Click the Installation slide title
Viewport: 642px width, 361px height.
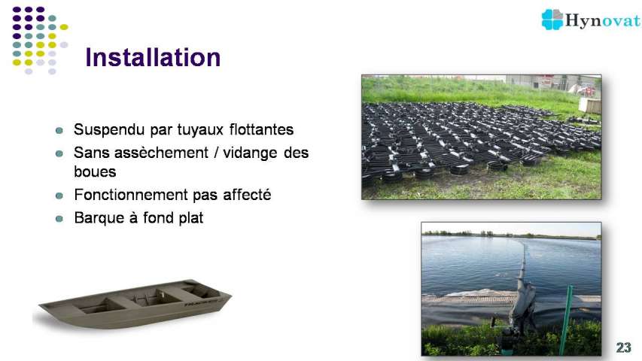(153, 57)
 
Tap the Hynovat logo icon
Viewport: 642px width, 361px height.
(552, 20)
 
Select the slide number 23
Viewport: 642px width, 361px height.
(624, 347)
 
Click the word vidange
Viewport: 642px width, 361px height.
(250, 153)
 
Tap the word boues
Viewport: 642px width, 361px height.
(95, 171)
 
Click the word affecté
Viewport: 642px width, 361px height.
(247, 195)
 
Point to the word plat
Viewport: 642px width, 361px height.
(190, 218)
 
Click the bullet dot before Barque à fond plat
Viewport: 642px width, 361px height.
(59, 219)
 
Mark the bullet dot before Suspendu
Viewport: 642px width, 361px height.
(59, 131)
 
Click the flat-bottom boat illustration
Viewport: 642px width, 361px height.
(135, 304)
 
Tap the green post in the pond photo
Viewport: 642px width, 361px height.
(566, 319)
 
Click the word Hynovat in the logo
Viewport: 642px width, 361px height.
(602, 20)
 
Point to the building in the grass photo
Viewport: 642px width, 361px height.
(552, 83)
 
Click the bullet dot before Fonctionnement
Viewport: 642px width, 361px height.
(59, 196)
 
